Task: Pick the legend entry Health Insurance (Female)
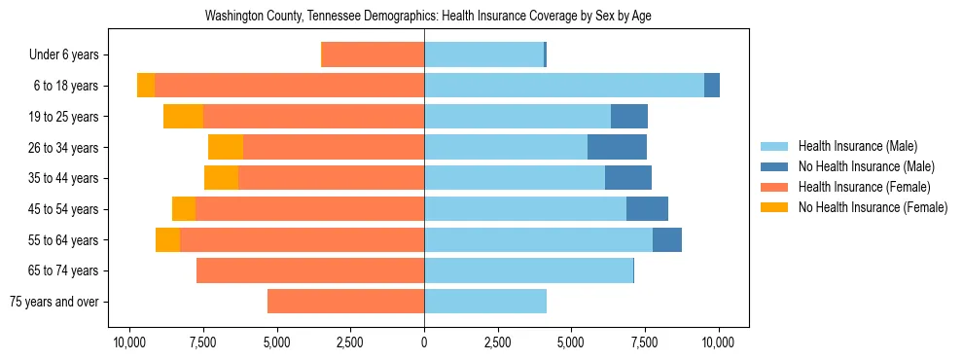pyautogui.click(x=858, y=187)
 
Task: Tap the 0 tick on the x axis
pyautogui.click(x=424, y=342)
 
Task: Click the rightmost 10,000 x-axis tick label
pyautogui.click(x=719, y=342)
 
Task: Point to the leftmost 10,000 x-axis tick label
pyautogui.click(x=129, y=342)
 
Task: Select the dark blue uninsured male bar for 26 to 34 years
pyautogui.click(x=617, y=148)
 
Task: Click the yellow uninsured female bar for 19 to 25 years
pyautogui.click(x=183, y=117)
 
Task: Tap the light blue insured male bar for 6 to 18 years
pyautogui.click(x=564, y=86)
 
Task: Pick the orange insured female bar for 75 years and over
pyautogui.click(x=345, y=302)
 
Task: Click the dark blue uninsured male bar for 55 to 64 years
pyautogui.click(x=667, y=240)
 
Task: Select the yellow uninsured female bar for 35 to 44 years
pyautogui.click(x=221, y=178)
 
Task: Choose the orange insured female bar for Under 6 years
pyautogui.click(x=373, y=55)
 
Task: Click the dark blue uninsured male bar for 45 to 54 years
pyautogui.click(x=647, y=209)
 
